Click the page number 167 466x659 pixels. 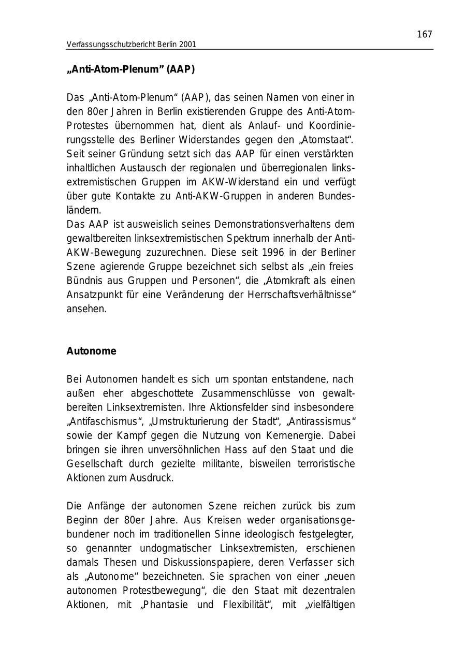tap(424, 35)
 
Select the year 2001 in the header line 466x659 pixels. tap(187, 45)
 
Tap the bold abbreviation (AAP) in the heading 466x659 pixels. tap(181, 70)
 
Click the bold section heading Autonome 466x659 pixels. tap(91, 351)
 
